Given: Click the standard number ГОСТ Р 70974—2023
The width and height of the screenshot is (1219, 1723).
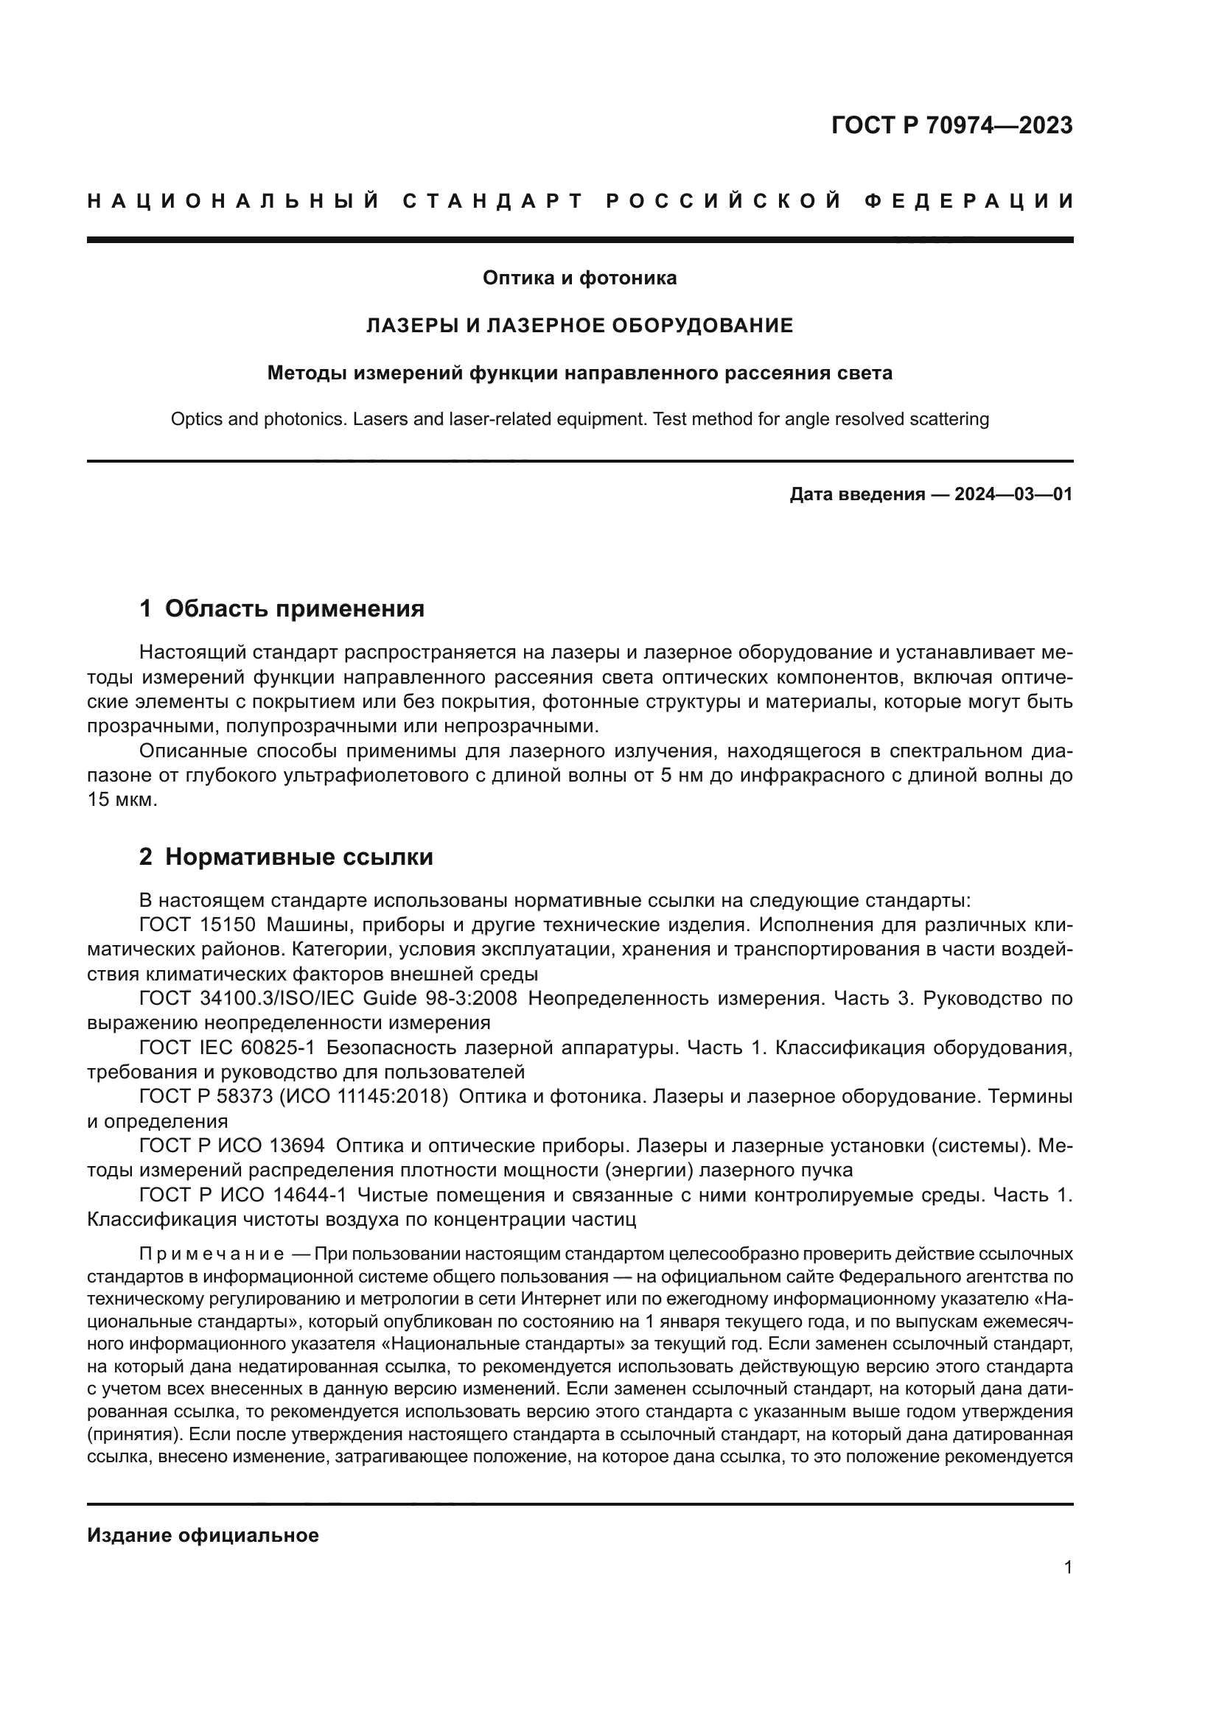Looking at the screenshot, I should [951, 125].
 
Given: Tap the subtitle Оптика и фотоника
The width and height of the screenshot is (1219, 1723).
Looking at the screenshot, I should [579, 278].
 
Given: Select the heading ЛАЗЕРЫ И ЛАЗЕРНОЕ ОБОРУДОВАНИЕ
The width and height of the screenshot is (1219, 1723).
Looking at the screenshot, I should [579, 326].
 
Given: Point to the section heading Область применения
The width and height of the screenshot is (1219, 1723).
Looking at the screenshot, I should [294, 608].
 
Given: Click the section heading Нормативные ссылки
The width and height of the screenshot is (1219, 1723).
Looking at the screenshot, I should [298, 857].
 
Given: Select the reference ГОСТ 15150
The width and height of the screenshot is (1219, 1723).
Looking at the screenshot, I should [198, 924].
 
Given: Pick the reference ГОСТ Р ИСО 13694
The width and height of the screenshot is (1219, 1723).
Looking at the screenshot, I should [232, 1146].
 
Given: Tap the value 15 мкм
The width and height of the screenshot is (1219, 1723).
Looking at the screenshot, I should [122, 800].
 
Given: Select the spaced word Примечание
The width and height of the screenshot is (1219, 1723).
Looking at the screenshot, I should [211, 1254].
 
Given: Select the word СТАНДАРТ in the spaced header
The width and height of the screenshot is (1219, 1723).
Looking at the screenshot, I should [492, 201].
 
